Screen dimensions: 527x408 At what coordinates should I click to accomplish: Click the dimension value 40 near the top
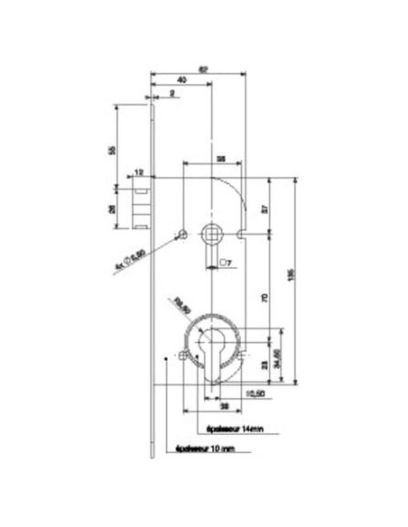[181, 81]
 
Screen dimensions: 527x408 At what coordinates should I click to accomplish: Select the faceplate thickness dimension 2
[171, 92]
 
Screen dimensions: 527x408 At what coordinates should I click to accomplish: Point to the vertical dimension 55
[112, 150]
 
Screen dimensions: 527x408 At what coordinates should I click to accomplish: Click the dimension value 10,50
[255, 394]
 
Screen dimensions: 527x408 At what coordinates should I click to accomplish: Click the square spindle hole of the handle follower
[212, 234]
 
